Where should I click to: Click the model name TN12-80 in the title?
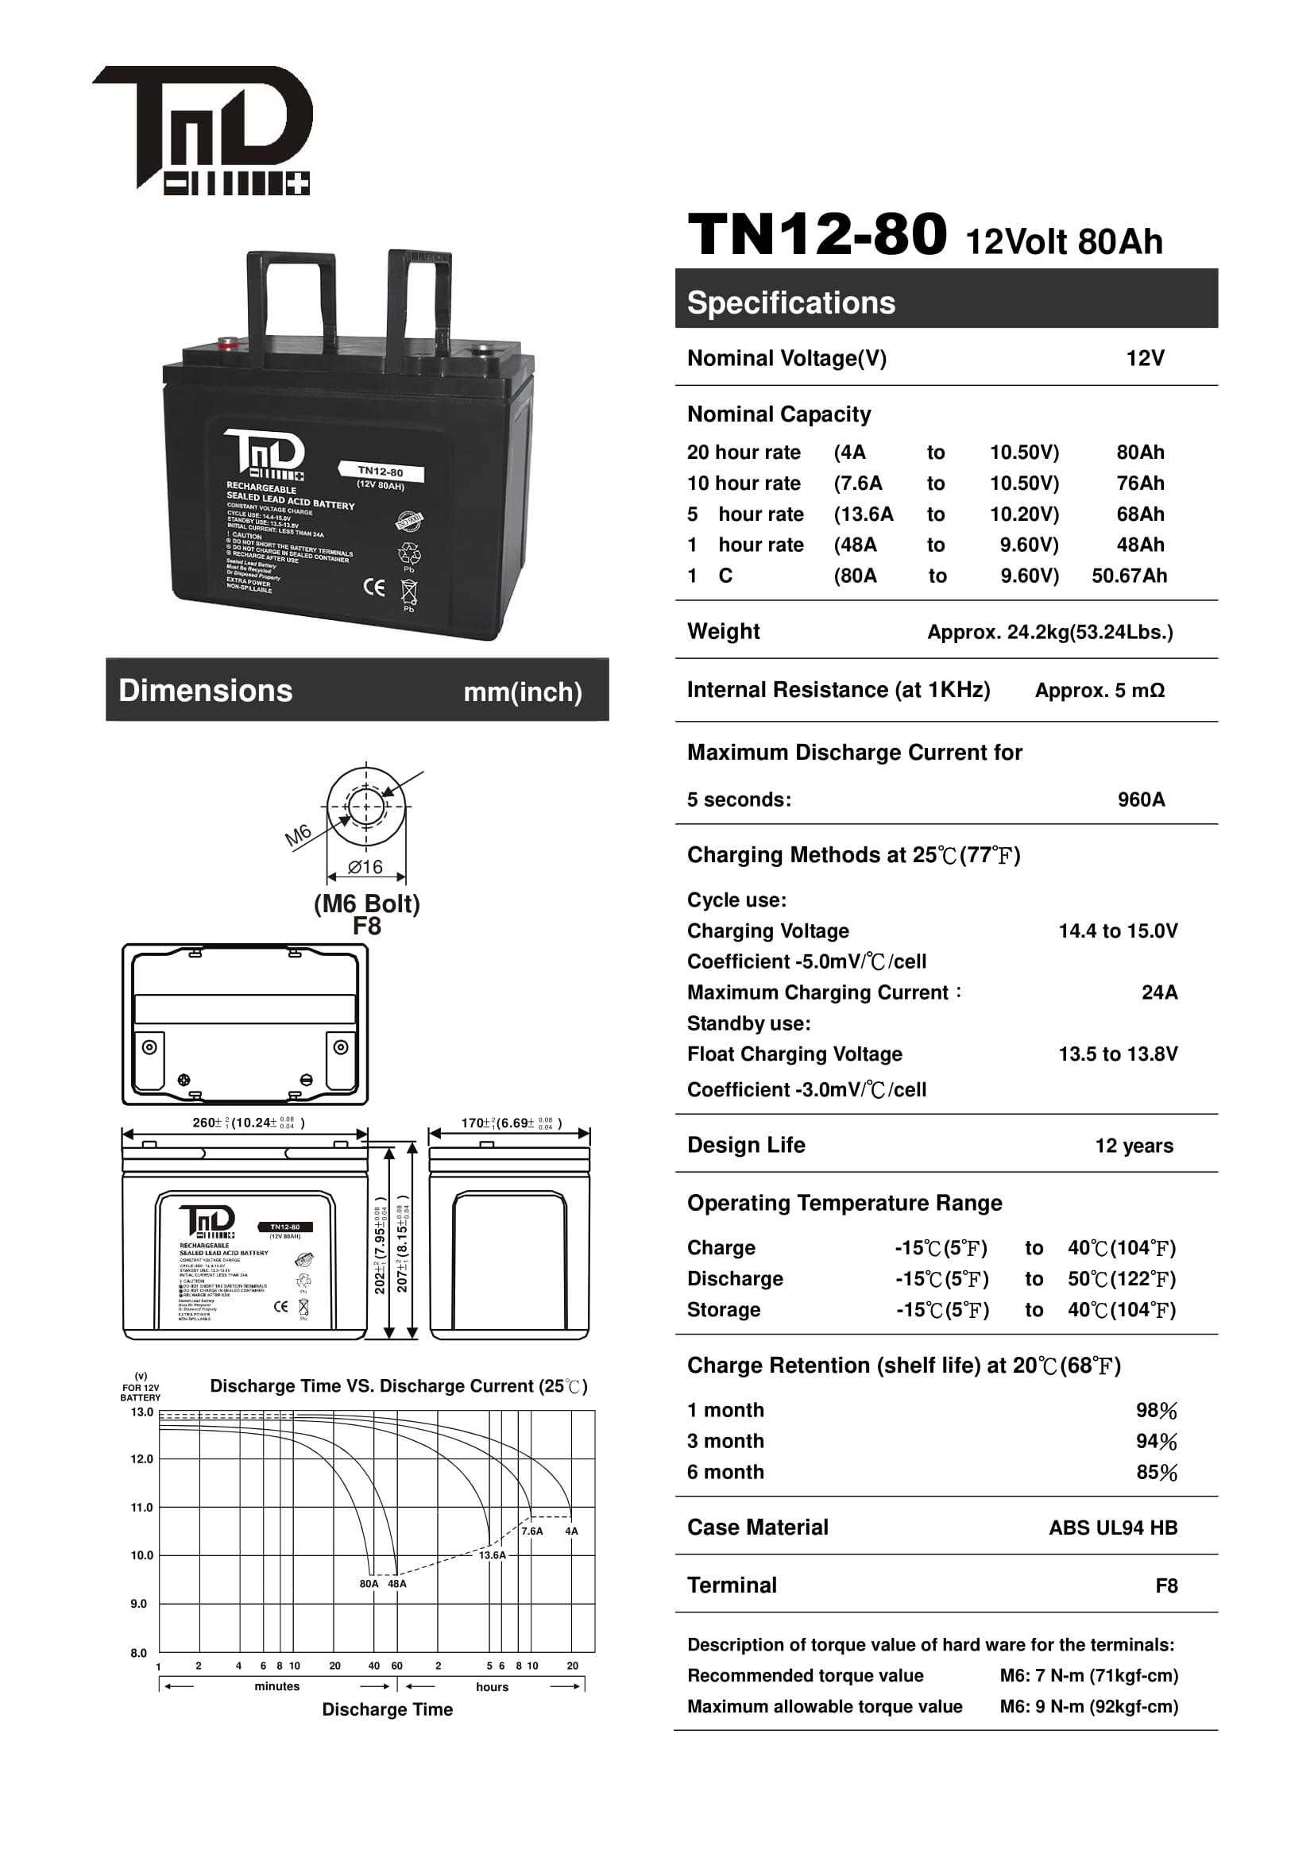[817, 235]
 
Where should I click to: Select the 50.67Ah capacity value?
[1129, 576]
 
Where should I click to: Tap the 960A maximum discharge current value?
[1141, 800]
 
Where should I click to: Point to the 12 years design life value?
[1134, 1146]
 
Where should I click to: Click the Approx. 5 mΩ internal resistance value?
[1100, 691]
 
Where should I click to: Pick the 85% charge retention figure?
[1156, 1473]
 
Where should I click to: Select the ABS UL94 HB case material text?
[1112, 1528]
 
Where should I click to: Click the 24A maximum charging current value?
[1158, 992]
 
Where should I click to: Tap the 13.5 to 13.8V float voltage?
[1118, 1054]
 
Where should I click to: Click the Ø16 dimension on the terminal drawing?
[365, 867]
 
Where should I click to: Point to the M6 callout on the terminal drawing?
[298, 834]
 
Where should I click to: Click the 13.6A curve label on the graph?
[492, 1555]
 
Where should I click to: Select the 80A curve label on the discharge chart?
[369, 1584]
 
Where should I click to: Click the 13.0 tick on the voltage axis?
[141, 1412]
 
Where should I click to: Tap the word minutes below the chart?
[276, 1686]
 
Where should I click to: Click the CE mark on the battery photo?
[374, 588]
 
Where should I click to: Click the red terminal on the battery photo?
[229, 343]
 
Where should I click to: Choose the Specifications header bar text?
[790, 302]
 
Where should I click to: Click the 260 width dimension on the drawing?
[248, 1123]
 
